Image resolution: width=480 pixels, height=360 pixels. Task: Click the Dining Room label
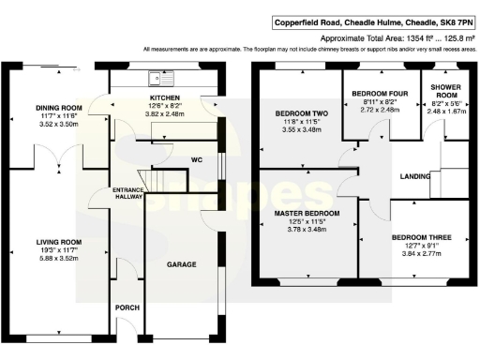pos(54,107)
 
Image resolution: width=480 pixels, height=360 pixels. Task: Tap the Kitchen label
pos(165,97)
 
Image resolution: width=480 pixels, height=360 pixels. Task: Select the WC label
pos(196,158)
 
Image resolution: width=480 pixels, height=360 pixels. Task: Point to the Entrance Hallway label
pos(127,194)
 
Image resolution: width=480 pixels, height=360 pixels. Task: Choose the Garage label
pos(182,265)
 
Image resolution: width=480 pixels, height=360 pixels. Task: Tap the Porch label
pos(127,307)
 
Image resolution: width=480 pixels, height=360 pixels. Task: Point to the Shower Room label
pos(445,90)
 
